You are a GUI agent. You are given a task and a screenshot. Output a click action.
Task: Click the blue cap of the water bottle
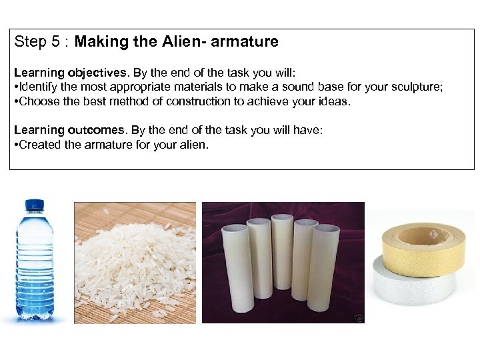pos(34,205)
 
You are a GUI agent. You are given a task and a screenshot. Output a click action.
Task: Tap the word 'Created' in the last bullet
pos(40,145)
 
